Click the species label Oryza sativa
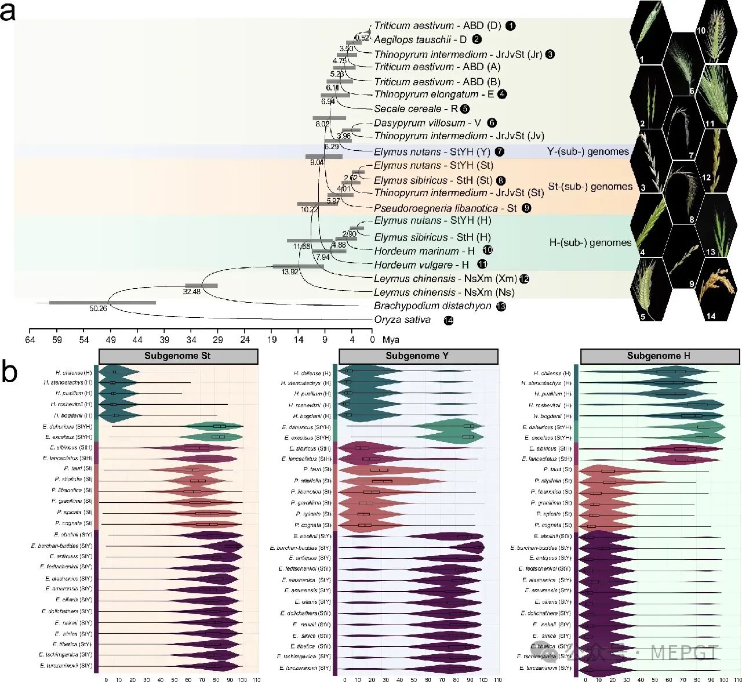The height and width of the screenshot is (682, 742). pyautogui.click(x=402, y=320)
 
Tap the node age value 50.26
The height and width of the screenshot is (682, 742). pyautogui.click(x=98, y=309)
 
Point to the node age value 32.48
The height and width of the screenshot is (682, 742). pyautogui.click(x=192, y=291)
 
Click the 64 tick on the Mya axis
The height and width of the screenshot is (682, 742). pyautogui.click(x=30, y=340)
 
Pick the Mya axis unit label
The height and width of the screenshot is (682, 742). pyautogui.click(x=391, y=340)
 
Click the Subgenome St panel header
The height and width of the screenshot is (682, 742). pyautogui.click(x=178, y=356)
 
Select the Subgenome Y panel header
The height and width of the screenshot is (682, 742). pyautogui.click(x=418, y=356)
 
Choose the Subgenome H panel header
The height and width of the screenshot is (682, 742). pyautogui.click(x=659, y=356)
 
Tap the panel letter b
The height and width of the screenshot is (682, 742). pyautogui.click(x=9, y=372)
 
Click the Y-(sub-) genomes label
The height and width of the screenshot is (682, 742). pyautogui.click(x=588, y=152)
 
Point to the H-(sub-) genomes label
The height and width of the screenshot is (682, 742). pyautogui.click(x=590, y=243)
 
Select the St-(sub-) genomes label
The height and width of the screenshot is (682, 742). pyautogui.click(x=590, y=187)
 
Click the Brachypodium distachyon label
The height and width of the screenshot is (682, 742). pyautogui.click(x=432, y=306)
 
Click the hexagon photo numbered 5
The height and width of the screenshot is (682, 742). pyautogui.click(x=649, y=290)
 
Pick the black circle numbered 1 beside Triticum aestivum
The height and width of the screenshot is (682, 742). pyautogui.click(x=510, y=26)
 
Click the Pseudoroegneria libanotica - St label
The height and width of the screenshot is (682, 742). pyautogui.click(x=445, y=208)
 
